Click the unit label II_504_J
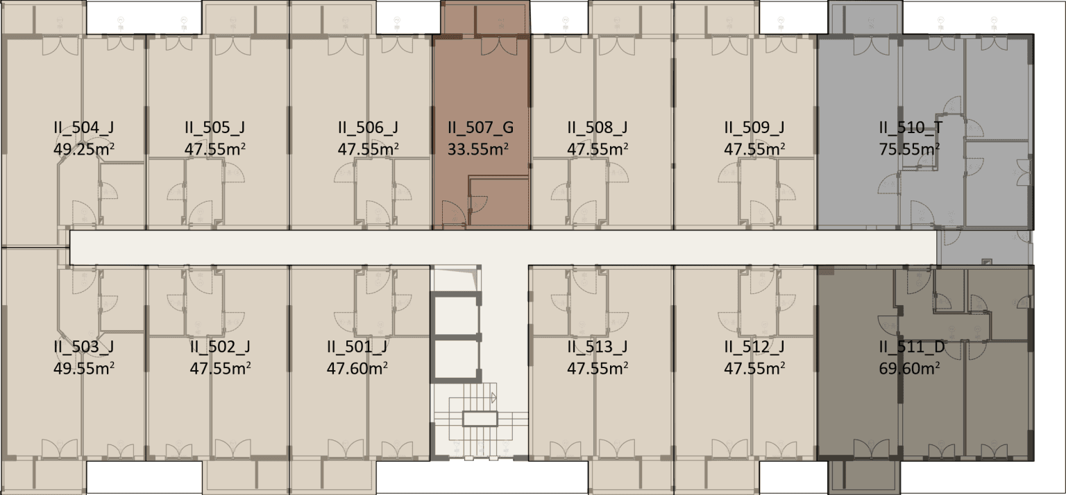click(x=84, y=128)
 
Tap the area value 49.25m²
click(x=84, y=149)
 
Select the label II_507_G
click(x=481, y=128)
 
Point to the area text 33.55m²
click(x=478, y=149)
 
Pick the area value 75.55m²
click(x=909, y=149)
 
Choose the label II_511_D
click(x=912, y=347)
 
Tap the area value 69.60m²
click(x=909, y=369)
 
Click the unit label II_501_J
click(x=357, y=347)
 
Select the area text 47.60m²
click(x=357, y=369)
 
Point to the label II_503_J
click(x=84, y=347)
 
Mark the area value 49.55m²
click(x=84, y=369)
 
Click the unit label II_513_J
click(x=598, y=347)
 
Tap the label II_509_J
click(x=754, y=128)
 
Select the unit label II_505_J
click(x=215, y=128)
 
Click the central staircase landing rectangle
click(x=480, y=419)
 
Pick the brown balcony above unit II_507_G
click(x=485, y=17)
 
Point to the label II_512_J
click(x=754, y=347)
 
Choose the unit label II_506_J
click(x=369, y=128)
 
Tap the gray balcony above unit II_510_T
click(x=865, y=17)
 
